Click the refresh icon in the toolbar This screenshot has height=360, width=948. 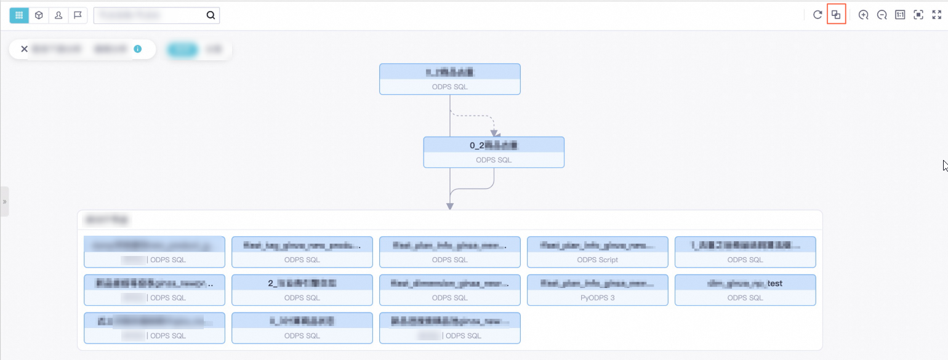[x=817, y=15]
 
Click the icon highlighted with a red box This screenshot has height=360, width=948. [x=836, y=15]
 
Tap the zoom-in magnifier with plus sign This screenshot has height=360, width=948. [x=864, y=15]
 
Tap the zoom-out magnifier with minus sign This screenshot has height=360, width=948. [x=882, y=15]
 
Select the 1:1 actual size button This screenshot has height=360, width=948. [x=900, y=15]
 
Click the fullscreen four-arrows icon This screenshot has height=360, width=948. [x=937, y=15]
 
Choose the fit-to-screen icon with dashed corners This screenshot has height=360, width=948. [x=918, y=15]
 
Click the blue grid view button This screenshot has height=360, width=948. [x=19, y=15]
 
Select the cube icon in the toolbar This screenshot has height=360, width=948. [x=39, y=15]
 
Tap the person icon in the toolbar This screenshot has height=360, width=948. [x=58, y=15]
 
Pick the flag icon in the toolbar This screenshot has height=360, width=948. [x=78, y=15]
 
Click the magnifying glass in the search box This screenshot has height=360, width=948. [x=211, y=15]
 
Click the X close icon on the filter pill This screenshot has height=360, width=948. [x=25, y=49]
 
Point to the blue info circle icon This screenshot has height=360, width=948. [x=138, y=49]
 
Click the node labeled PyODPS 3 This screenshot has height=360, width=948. [x=597, y=290]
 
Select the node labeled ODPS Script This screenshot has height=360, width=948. [x=597, y=252]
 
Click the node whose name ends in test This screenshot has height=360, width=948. [x=745, y=290]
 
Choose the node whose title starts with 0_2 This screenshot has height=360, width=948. [x=494, y=152]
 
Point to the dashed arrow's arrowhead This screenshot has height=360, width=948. [x=494, y=133]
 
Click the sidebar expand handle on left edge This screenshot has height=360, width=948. [x=4, y=201]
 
